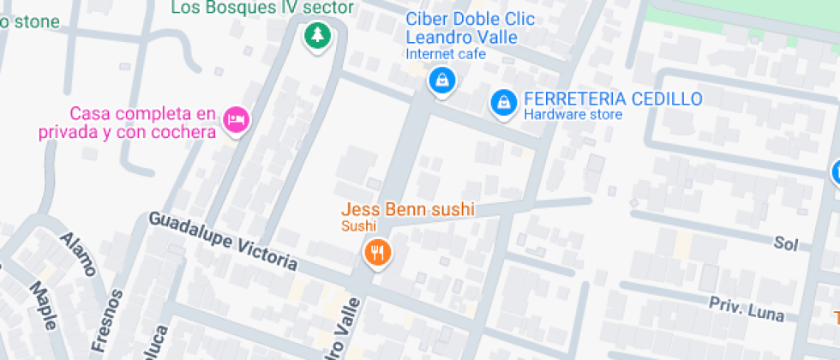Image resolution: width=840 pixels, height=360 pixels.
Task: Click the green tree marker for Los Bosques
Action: coord(318,36)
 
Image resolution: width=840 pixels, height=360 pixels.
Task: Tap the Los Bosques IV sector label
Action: coord(262,9)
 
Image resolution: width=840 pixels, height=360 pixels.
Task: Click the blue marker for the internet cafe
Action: coord(441,81)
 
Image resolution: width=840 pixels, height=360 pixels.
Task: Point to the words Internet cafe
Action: coord(446,54)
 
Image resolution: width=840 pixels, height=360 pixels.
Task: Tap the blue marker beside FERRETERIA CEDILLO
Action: coord(503,103)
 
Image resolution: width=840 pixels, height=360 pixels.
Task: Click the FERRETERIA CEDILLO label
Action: coord(613,99)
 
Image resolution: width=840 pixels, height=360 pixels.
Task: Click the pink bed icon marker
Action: coord(235,120)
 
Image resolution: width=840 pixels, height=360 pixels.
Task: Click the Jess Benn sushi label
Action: coord(408,209)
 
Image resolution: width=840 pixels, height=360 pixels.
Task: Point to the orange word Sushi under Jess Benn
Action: coord(359,226)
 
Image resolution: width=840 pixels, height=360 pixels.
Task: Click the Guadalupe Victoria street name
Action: coord(223,242)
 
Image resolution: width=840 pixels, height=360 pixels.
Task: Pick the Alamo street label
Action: coord(77,254)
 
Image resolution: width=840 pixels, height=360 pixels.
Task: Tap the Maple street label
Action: coord(44,305)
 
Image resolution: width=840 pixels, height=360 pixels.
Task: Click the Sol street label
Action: coord(785,244)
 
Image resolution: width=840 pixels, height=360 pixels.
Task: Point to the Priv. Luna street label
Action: coord(746,309)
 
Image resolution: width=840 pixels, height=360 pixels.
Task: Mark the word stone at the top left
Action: coord(31,21)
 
